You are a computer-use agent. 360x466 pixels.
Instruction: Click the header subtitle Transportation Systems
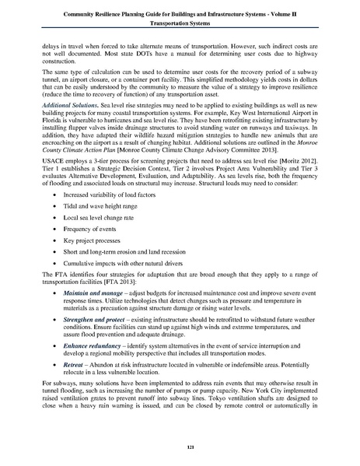tap(180, 23)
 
